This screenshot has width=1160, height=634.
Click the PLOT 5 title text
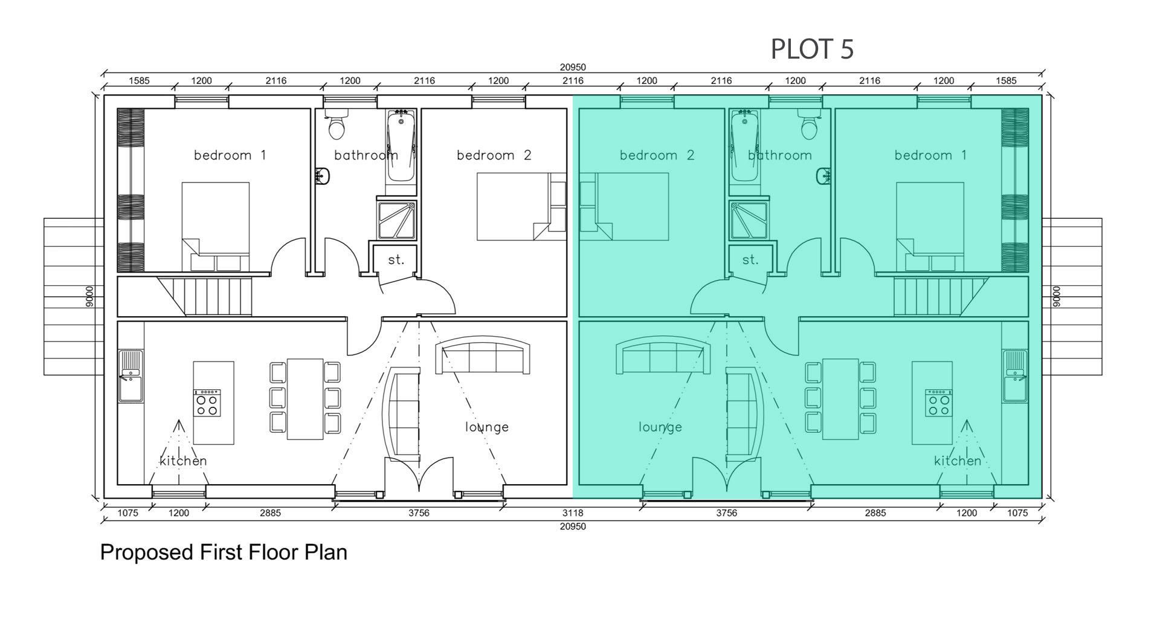point(812,49)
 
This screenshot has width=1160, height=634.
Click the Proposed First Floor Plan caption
point(223,552)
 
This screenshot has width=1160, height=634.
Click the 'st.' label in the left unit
point(396,260)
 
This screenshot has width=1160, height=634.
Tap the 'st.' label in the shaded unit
point(750,260)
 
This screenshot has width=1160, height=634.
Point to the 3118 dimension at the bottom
point(572,513)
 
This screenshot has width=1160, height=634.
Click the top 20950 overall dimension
point(572,68)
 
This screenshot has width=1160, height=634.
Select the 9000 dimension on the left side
point(89,296)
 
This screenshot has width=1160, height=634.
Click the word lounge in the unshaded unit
point(486,427)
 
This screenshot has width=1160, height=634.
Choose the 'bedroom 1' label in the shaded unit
point(930,155)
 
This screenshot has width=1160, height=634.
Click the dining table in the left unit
point(304,398)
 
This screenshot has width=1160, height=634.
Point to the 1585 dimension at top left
point(139,80)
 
